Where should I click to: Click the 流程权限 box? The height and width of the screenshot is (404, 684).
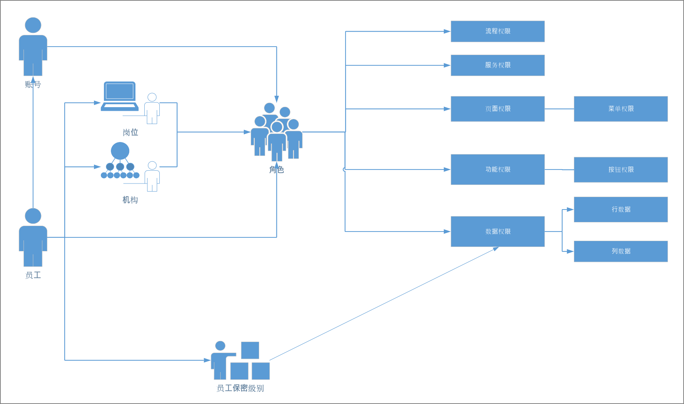[x=497, y=31]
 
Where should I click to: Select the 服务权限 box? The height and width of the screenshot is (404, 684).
[x=497, y=65]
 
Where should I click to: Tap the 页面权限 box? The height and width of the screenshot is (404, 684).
[x=497, y=109]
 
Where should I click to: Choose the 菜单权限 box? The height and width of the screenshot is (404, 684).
[x=620, y=109]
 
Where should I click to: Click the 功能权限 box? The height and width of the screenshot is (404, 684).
[x=497, y=169]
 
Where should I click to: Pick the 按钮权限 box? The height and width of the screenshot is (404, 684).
[x=620, y=170]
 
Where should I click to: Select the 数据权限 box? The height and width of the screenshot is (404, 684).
[x=497, y=231]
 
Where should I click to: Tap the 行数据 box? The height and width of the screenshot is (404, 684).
[x=620, y=209]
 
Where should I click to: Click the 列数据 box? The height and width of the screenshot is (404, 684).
[x=620, y=251]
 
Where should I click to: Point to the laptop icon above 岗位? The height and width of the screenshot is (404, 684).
[x=120, y=96]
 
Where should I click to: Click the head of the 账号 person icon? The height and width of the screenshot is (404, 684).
[x=33, y=25]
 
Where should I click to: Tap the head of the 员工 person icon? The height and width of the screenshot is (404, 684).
[x=33, y=216]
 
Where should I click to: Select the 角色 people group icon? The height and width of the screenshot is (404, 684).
[x=276, y=132]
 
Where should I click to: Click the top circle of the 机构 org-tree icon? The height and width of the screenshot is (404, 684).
[x=120, y=151]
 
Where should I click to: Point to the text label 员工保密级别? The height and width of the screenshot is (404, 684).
[x=240, y=388]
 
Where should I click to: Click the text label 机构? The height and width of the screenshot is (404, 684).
[x=130, y=200]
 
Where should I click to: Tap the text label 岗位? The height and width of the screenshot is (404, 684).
[x=130, y=132]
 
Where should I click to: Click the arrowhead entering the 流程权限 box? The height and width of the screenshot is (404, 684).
[x=447, y=32]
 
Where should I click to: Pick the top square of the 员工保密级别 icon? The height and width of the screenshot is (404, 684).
[x=250, y=350]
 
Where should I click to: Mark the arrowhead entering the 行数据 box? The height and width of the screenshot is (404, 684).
[x=570, y=210]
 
